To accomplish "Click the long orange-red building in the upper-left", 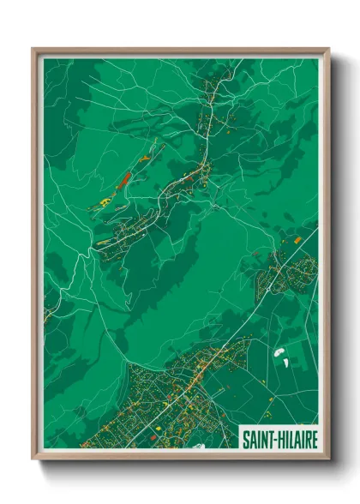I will tap(123, 180).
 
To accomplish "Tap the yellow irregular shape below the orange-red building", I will tap(105, 201).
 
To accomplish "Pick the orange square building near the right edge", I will tap(297, 242).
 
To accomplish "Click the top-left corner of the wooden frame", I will tap(33, 49).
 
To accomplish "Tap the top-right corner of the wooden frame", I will tap(329, 49).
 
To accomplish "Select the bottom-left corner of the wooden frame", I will tap(33, 459).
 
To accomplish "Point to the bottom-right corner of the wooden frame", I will tap(329, 459).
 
